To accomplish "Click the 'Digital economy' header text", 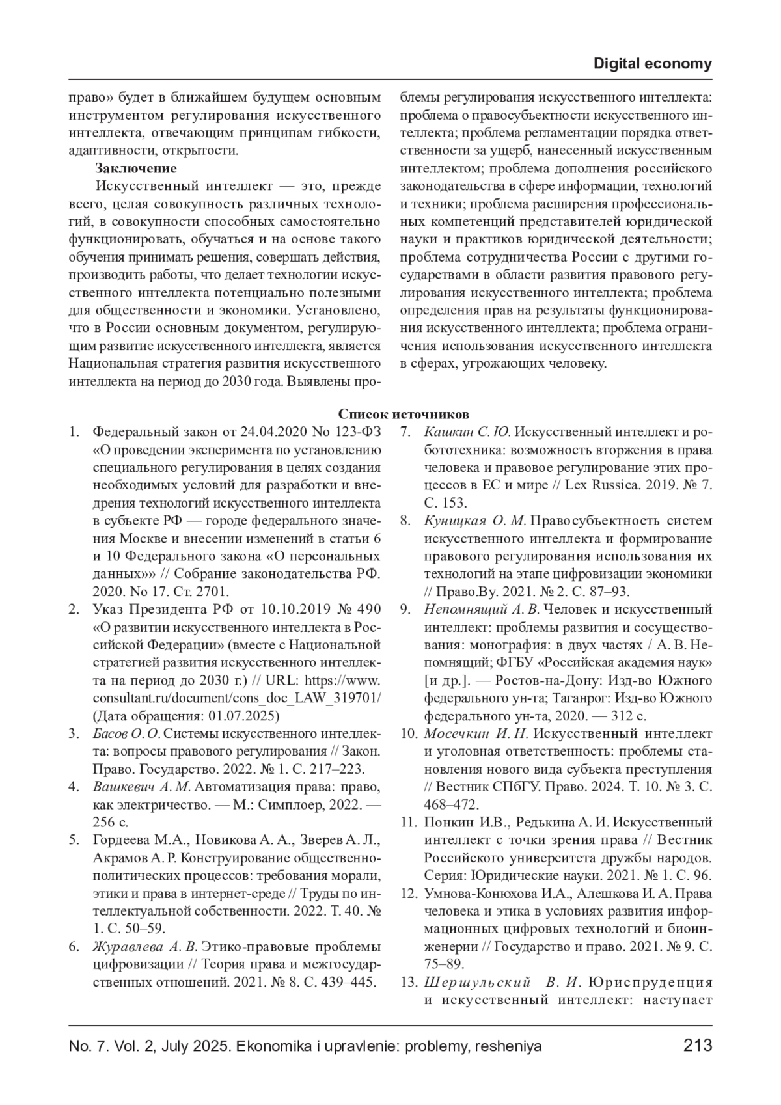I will pos(653,64).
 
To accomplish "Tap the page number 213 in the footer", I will pos(698,1046).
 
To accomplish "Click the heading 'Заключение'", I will pos(136,169).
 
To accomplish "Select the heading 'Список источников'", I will pos(404,415).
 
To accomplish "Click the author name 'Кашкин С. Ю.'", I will pos(467,432).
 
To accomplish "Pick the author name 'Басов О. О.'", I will pos(126,734).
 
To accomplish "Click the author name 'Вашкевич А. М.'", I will pos(142,787).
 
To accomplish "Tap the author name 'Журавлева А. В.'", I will pos(145,946).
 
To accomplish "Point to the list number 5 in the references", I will pos(74,840).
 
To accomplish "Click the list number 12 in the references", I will pos(408,894).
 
